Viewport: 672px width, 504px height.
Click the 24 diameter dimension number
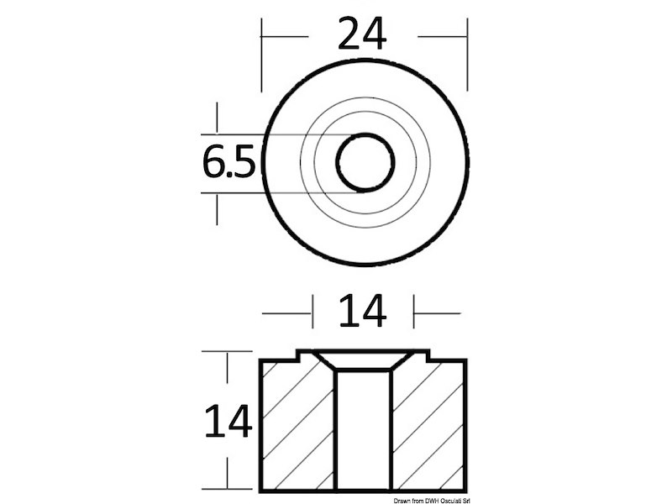tap(362, 35)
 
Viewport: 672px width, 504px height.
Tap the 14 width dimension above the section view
tap(363, 312)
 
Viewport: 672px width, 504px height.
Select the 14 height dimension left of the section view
tap(228, 421)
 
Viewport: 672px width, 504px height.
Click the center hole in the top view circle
tap(365, 162)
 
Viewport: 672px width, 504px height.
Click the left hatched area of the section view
tap(297, 424)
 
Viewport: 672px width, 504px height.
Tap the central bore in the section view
tap(363, 428)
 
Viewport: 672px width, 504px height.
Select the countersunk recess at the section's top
tap(363, 361)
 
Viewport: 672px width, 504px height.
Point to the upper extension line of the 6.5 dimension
tap(252, 134)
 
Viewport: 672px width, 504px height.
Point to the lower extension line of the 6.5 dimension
tap(252, 193)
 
